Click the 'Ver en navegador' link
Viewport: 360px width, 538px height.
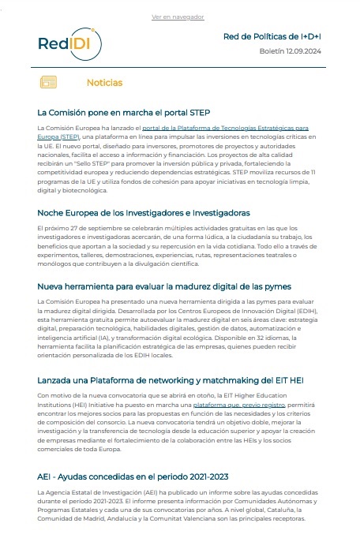click(178, 17)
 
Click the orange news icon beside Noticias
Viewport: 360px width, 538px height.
click(49, 82)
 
